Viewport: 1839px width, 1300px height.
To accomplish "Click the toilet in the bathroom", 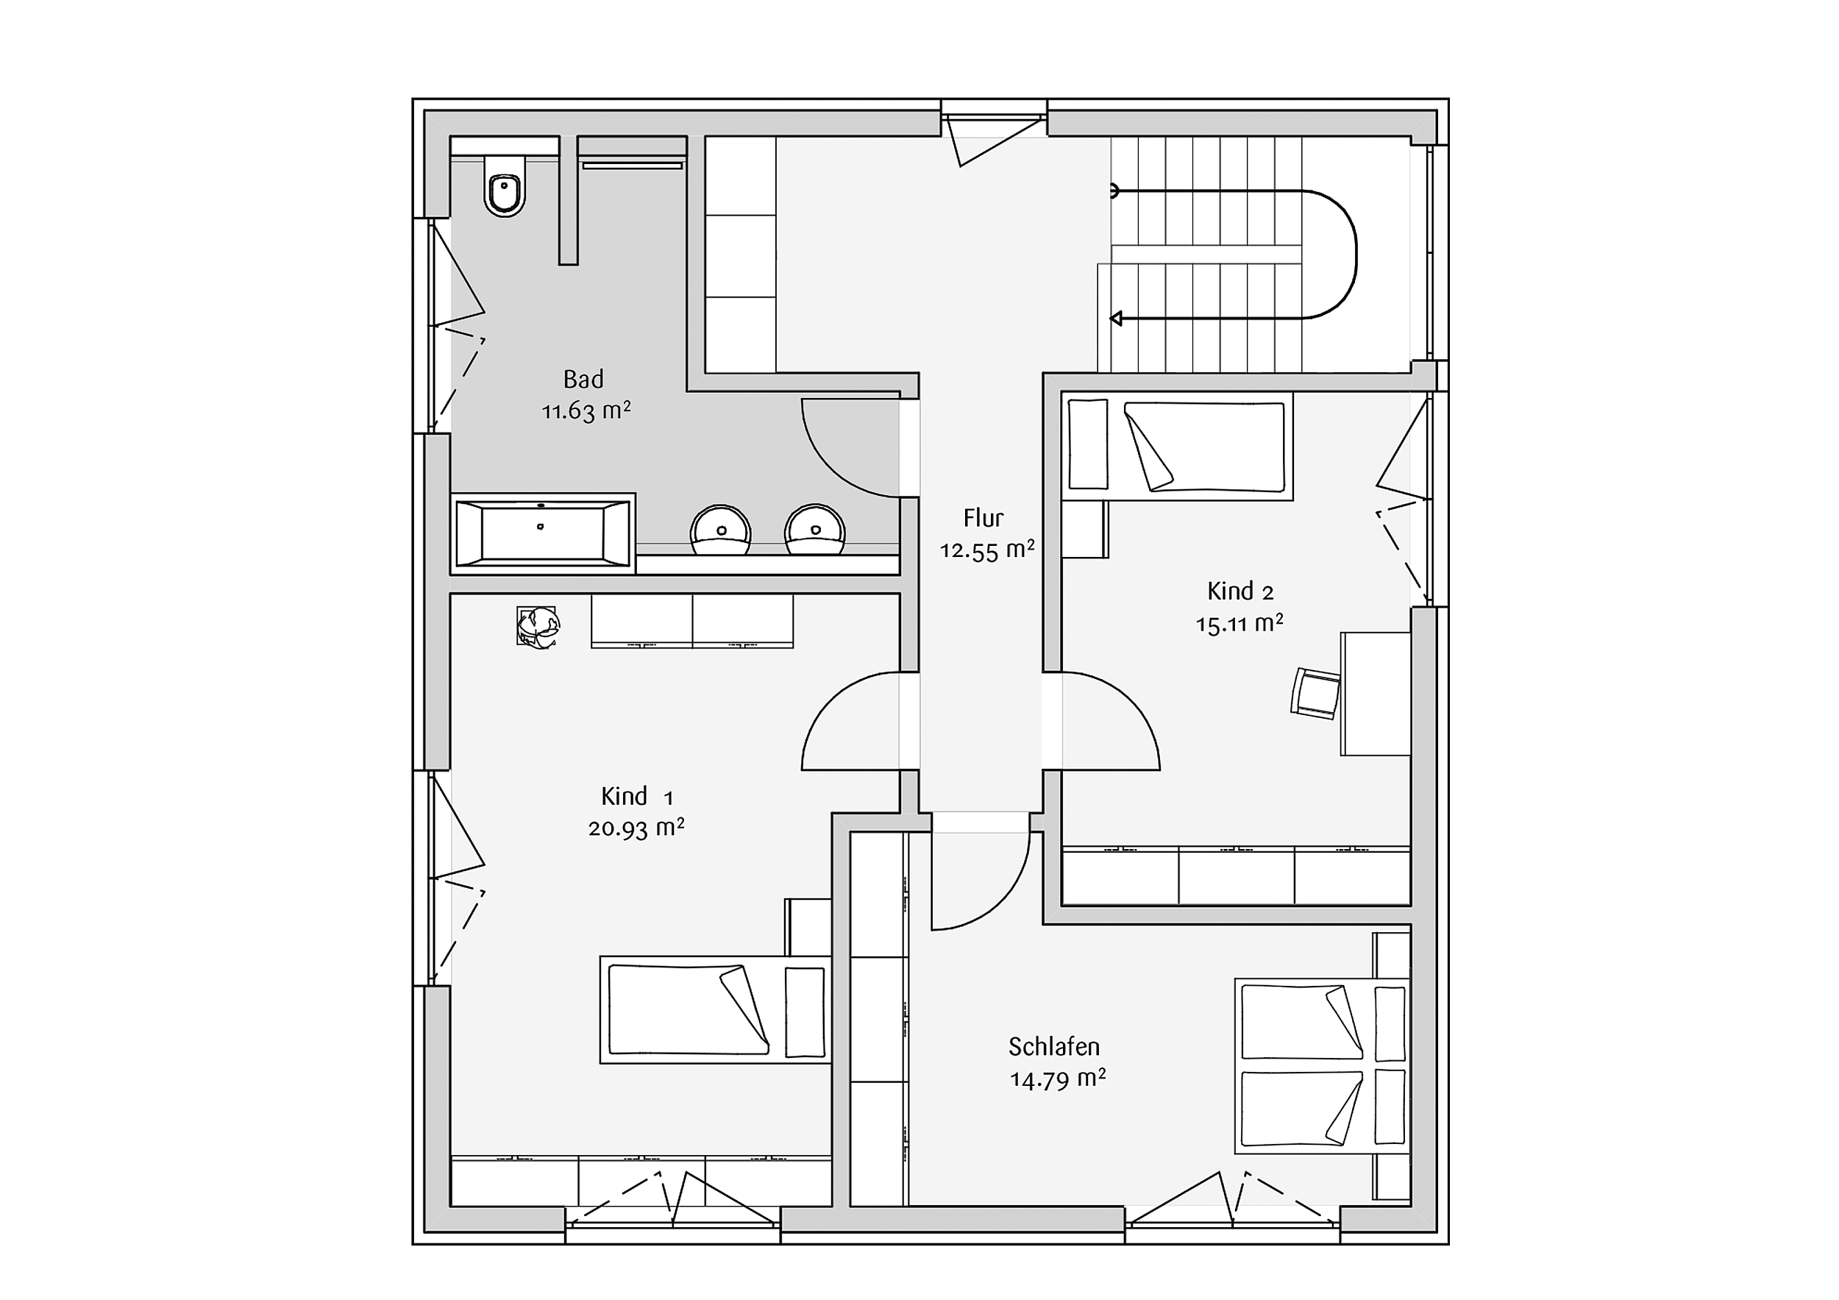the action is [505, 186].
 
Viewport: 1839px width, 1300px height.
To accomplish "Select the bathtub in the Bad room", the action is [543, 533].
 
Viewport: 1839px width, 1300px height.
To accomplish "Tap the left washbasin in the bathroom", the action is [721, 530].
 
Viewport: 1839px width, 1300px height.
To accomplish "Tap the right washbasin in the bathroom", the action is [815, 530].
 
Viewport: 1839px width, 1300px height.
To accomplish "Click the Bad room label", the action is [584, 379].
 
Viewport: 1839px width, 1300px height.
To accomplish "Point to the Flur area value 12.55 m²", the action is [986, 550].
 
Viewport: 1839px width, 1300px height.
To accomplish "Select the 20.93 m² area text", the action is [636, 828].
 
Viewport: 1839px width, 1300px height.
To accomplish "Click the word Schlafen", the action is [1054, 1046].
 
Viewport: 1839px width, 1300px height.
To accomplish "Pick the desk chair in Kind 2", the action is [1315, 693].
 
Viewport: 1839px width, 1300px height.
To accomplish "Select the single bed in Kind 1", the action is [715, 1009].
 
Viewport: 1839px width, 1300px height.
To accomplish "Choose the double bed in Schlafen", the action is [1322, 1065].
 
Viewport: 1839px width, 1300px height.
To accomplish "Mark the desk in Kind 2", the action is [1376, 694].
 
